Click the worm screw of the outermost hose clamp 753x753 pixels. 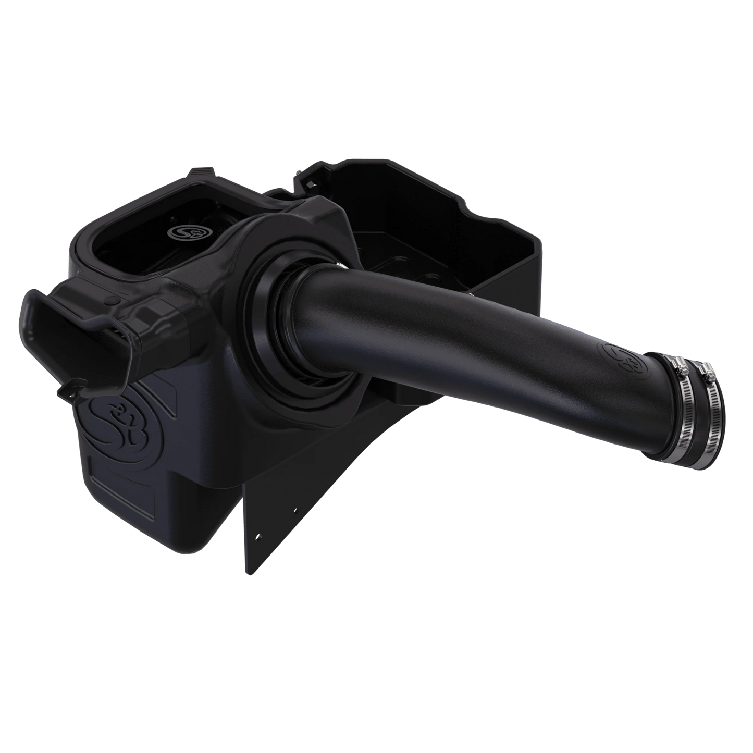(707, 372)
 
